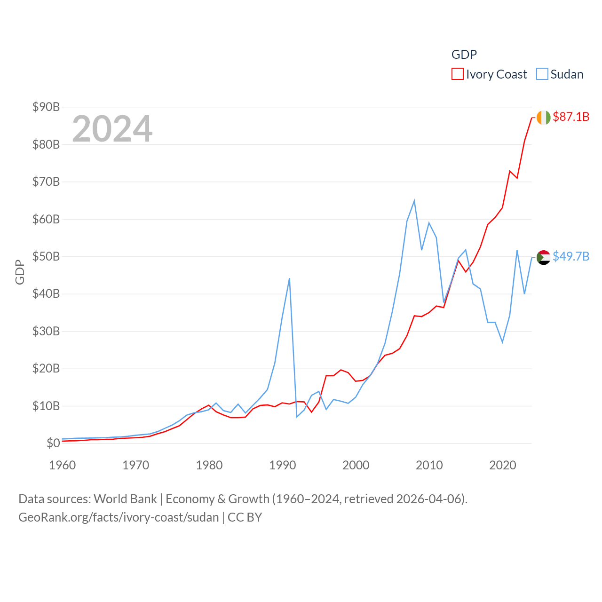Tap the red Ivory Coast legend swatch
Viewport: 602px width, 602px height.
click(457, 74)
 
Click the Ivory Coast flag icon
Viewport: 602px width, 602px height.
click(543, 117)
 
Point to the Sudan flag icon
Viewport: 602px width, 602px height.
click(543, 257)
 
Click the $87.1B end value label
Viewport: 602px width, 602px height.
click(571, 117)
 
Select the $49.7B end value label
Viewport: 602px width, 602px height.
click(571, 256)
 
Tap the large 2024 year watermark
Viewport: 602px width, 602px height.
click(112, 129)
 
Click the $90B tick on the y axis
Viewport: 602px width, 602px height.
click(46, 107)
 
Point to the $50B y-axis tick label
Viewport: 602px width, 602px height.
click(46, 256)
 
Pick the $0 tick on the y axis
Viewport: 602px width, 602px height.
click(53, 443)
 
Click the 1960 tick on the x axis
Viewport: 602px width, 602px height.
click(63, 465)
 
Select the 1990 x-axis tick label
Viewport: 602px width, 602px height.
click(283, 465)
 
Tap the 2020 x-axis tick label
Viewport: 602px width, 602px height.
click(503, 465)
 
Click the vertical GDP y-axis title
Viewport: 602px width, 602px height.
click(20, 272)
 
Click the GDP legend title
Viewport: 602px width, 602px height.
click(464, 55)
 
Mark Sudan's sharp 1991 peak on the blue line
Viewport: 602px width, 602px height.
click(289, 278)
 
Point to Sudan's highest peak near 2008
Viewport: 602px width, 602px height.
click(414, 201)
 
